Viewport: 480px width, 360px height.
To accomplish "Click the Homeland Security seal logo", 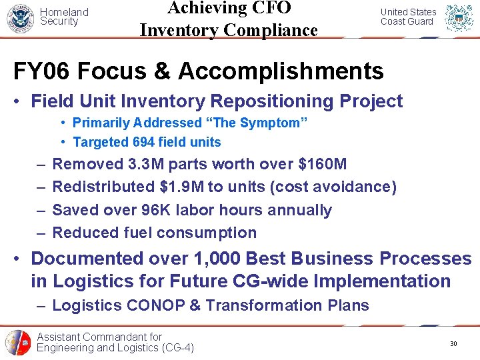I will [x=20, y=18].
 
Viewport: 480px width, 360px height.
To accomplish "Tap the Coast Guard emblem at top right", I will [x=459, y=18].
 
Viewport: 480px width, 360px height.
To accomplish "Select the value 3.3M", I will [x=147, y=164].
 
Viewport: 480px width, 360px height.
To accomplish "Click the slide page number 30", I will [x=453, y=343].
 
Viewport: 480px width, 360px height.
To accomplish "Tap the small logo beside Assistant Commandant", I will [x=18, y=343].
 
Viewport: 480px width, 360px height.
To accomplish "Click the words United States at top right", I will [x=408, y=12].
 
